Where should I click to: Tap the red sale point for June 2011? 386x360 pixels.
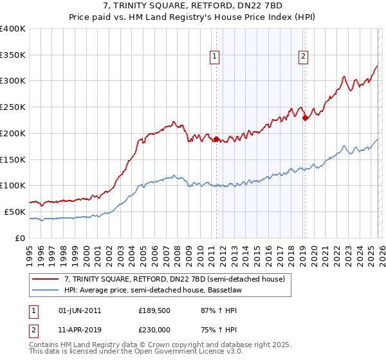click(216, 138)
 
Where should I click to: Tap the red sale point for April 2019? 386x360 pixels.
click(305, 117)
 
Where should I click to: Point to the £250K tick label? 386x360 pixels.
click(13, 107)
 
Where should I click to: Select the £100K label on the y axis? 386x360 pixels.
click(13, 185)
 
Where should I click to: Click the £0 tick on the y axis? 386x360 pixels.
click(21, 238)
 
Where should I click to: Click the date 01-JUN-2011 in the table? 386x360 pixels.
click(80, 310)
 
